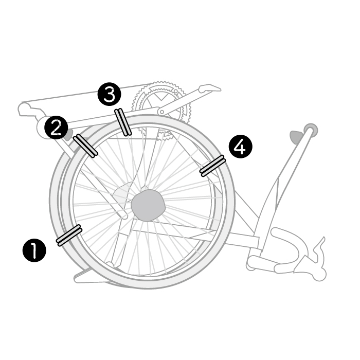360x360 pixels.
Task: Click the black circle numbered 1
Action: click(x=34, y=250)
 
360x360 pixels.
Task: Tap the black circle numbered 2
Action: click(x=56, y=127)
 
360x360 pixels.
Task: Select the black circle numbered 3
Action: click(x=109, y=94)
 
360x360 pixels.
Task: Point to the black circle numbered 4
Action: click(x=240, y=147)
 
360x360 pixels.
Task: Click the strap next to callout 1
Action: click(x=69, y=236)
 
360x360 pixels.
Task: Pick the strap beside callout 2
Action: click(x=85, y=146)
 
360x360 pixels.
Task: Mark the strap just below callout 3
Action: click(x=123, y=122)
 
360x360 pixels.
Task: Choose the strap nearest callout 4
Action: click(x=212, y=166)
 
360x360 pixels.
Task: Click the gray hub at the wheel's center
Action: click(x=148, y=205)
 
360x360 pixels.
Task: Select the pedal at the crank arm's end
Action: click(x=210, y=88)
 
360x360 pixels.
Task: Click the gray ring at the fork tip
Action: click(x=311, y=130)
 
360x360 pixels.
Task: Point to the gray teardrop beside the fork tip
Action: click(x=297, y=137)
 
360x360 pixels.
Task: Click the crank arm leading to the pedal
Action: click(x=182, y=101)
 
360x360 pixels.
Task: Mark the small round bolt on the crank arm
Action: click(x=162, y=112)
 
